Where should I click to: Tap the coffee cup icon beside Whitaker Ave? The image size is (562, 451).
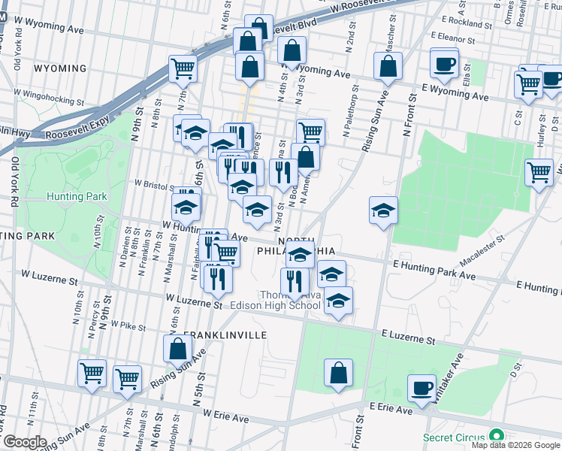(x=422, y=389)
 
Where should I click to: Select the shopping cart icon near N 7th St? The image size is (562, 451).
(x=183, y=69)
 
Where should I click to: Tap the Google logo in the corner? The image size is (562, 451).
(x=25, y=442)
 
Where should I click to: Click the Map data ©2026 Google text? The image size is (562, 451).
(x=515, y=445)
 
